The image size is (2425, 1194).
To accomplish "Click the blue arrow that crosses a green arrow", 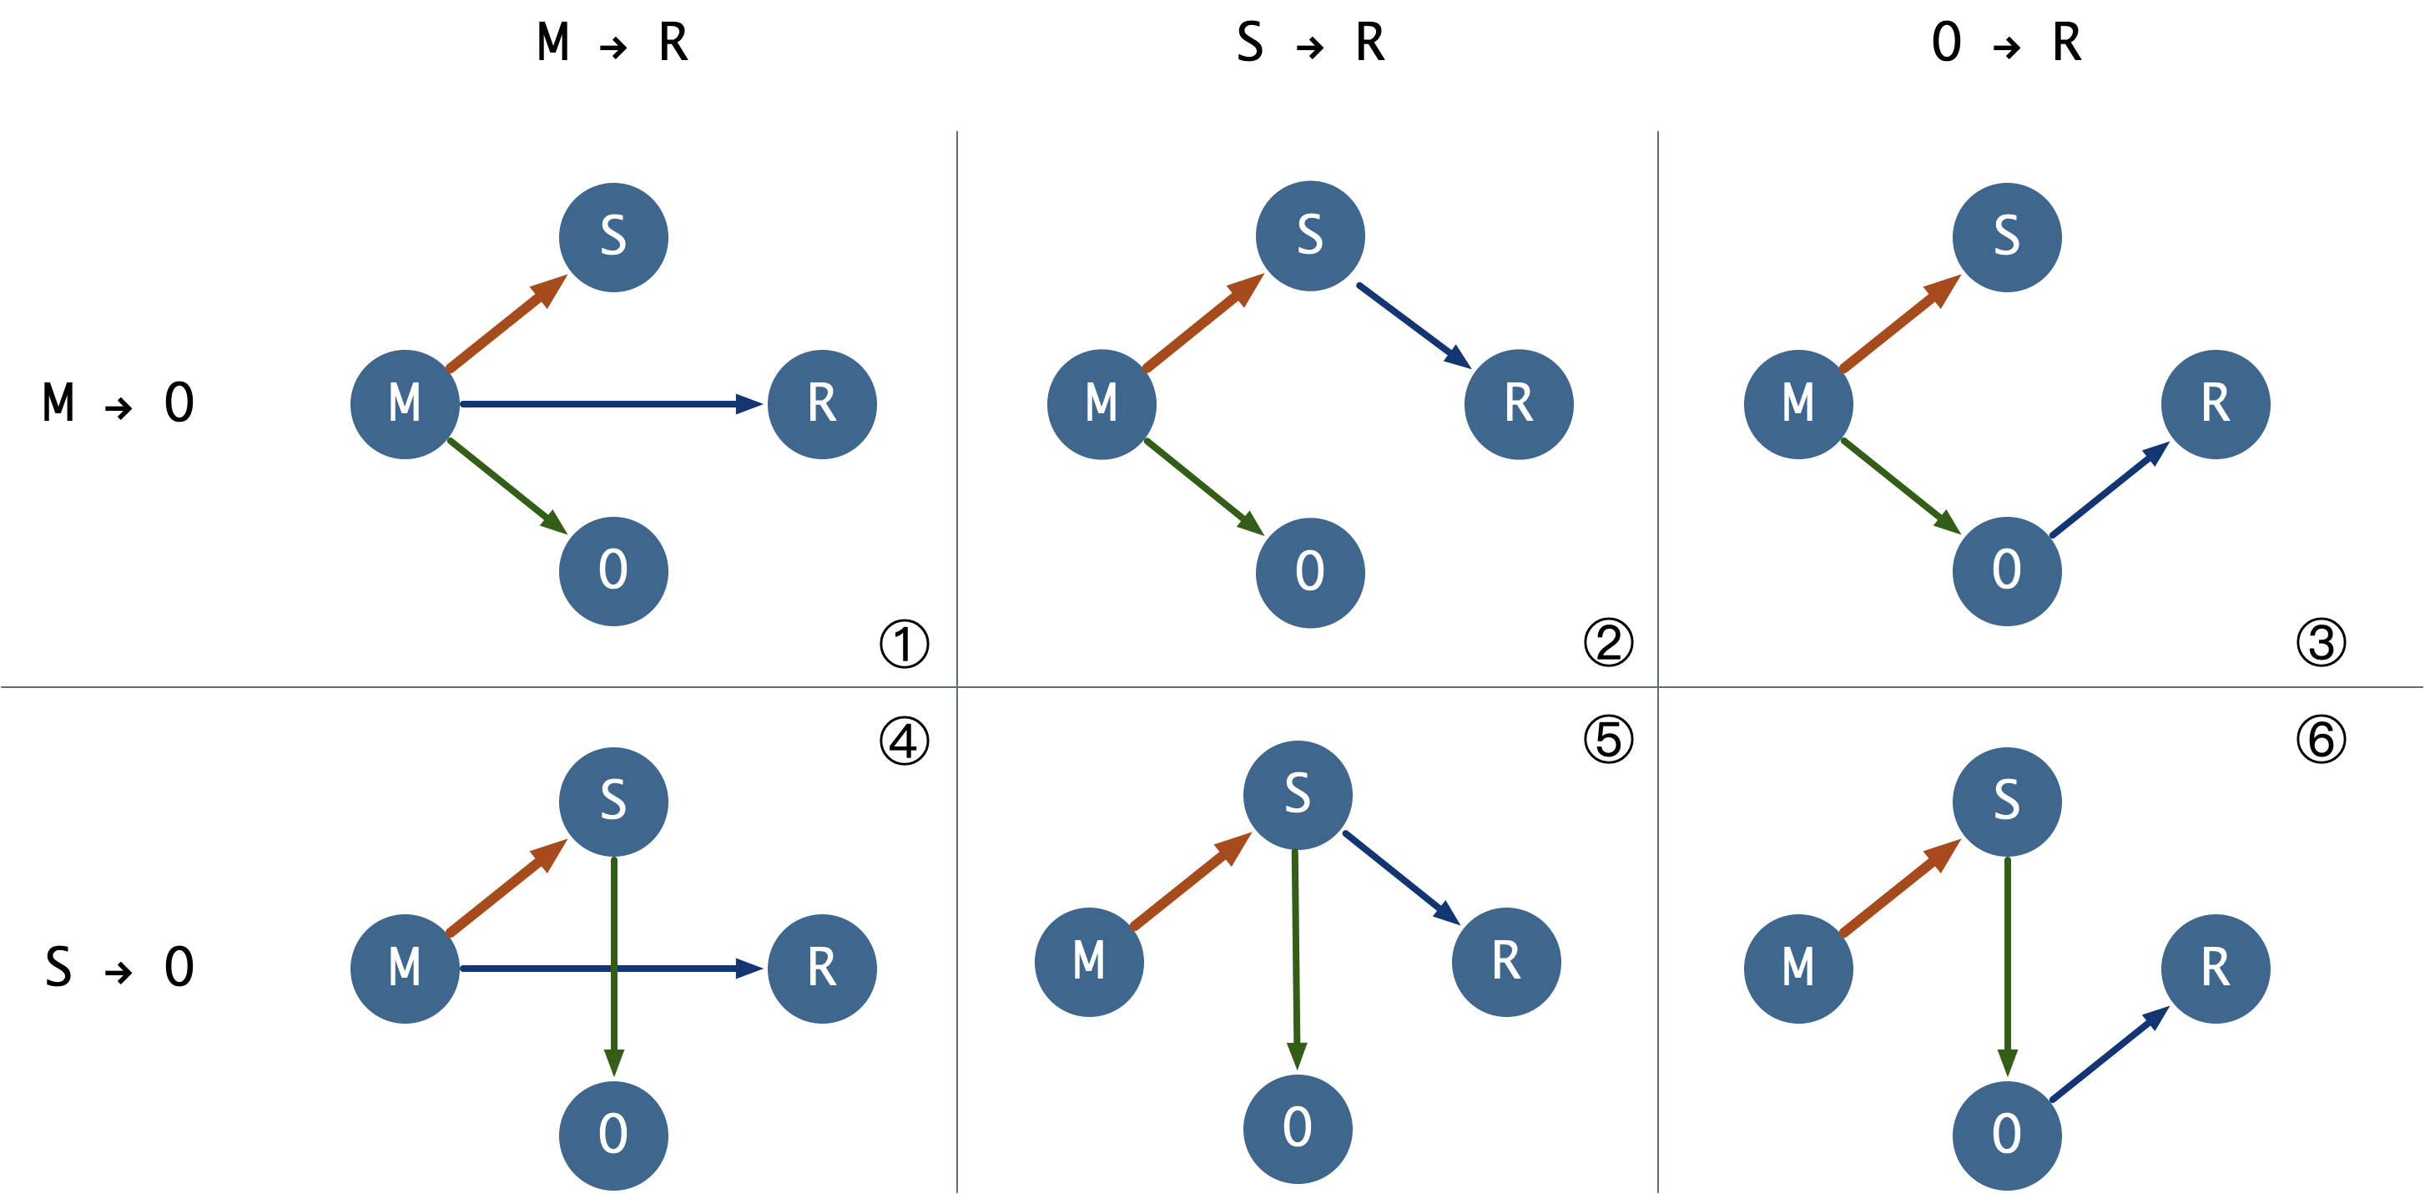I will coord(527,968).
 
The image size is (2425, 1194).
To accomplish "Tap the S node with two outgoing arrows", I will coord(1298,795).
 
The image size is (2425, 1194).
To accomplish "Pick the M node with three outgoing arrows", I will coord(405,404).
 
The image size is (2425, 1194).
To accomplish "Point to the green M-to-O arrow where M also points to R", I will coord(506,485).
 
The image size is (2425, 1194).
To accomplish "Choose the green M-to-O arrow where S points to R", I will coord(1203,487).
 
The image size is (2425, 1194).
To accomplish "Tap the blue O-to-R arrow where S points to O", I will coord(2109,1055).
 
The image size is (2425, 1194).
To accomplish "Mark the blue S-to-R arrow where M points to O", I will coord(1412,325).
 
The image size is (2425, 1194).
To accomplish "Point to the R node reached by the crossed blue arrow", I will coord(822,968).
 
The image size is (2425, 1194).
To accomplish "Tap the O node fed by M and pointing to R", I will coord(2006,570).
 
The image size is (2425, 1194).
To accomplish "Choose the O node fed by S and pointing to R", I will coord(2006,1135).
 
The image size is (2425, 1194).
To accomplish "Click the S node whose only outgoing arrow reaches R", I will coord(1309,235).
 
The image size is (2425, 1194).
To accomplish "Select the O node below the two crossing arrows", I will coord(613,1135).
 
